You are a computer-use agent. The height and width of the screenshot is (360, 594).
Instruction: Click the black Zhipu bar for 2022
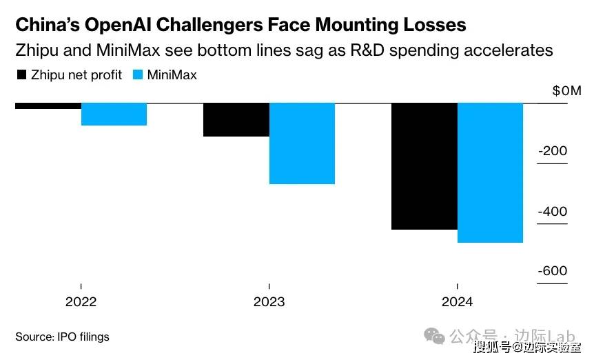coord(48,106)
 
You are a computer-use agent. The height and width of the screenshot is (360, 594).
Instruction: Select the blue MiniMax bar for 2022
coord(114,114)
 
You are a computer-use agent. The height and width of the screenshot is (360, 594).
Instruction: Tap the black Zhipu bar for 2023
coord(236,120)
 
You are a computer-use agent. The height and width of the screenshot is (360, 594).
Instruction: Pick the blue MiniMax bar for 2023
coord(302,143)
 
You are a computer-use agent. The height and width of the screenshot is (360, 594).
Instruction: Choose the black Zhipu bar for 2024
coord(423,166)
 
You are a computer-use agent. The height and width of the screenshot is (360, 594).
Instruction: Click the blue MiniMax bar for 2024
coord(490,173)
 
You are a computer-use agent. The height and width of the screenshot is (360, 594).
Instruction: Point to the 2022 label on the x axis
coord(81,301)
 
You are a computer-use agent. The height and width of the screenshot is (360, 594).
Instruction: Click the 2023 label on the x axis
coord(269,301)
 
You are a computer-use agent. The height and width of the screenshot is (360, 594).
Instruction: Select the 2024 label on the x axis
coord(456,301)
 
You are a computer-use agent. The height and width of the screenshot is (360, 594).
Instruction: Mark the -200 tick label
coord(552,152)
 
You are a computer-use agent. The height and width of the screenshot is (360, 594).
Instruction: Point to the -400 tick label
coord(552,212)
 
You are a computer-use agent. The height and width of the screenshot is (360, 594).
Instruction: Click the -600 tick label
coord(552,272)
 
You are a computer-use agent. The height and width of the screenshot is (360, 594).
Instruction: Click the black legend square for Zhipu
coord(21,74)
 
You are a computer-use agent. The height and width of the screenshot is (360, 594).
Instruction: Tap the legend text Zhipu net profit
coord(76,74)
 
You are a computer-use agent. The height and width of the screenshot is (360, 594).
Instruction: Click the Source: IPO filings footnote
coord(62,337)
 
